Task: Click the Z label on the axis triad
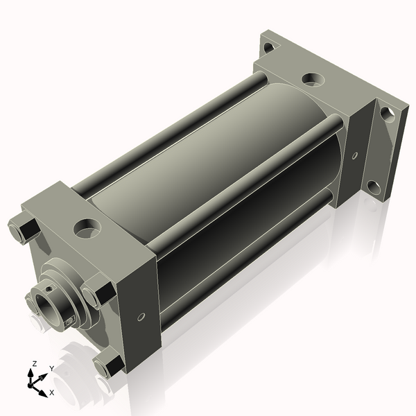point(34,364)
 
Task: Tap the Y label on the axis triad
point(52,369)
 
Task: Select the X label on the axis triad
point(52,392)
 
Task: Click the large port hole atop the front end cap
point(87,228)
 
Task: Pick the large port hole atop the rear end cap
point(313,79)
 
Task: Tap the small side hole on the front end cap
point(141,317)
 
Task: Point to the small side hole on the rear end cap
point(355,156)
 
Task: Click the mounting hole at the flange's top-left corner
point(269,47)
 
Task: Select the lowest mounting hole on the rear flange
point(374,187)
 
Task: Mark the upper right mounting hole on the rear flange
point(388,114)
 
